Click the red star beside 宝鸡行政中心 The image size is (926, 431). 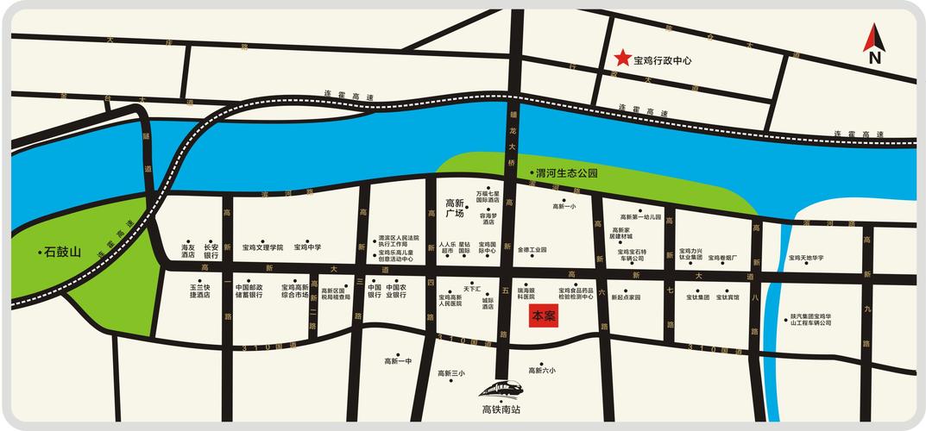(x=621, y=59)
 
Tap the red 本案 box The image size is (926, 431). (x=544, y=316)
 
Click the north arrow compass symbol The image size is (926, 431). (x=874, y=43)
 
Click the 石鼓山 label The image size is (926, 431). (x=62, y=253)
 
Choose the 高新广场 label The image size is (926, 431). (x=455, y=207)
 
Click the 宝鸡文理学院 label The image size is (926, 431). (x=262, y=247)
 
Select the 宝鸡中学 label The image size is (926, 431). (x=307, y=247)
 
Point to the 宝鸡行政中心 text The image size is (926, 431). (x=663, y=61)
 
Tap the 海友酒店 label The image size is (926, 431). (x=188, y=251)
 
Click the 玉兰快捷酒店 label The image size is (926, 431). (x=200, y=290)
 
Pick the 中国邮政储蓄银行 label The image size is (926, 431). (x=249, y=290)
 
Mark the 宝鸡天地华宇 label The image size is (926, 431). (x=806, y=258)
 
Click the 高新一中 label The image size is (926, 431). (x=398, y=360)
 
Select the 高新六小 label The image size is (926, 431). (x=544, y=371)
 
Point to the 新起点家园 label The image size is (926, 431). (x=626, y=297)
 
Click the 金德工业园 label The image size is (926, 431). (x=532, y=250)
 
